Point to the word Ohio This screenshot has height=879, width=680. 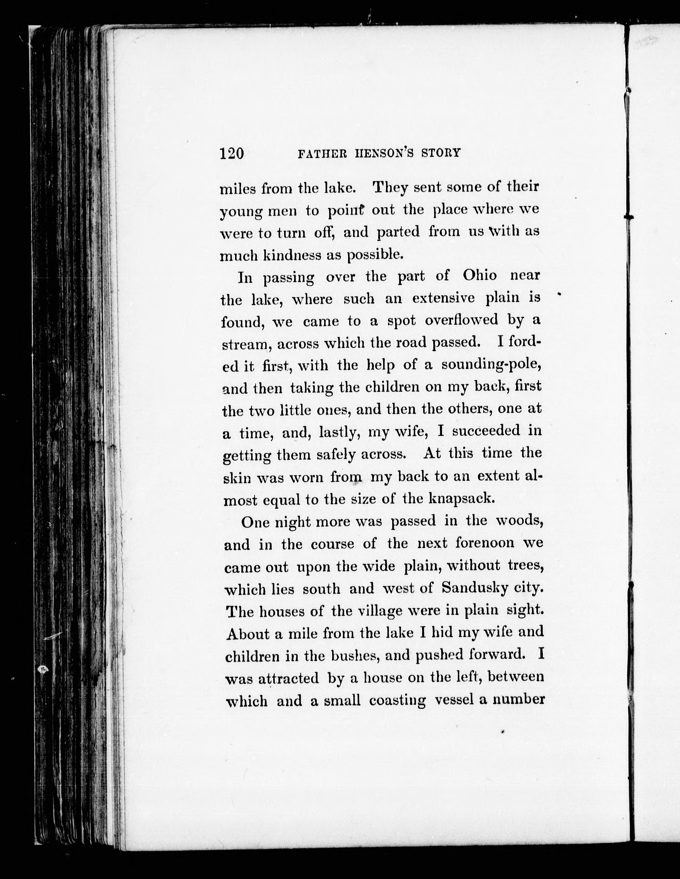click(479, 276)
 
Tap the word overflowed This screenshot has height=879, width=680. click(461, 320)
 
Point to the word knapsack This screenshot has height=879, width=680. click(460, 499)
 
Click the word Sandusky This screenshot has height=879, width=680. click(475, 588)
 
